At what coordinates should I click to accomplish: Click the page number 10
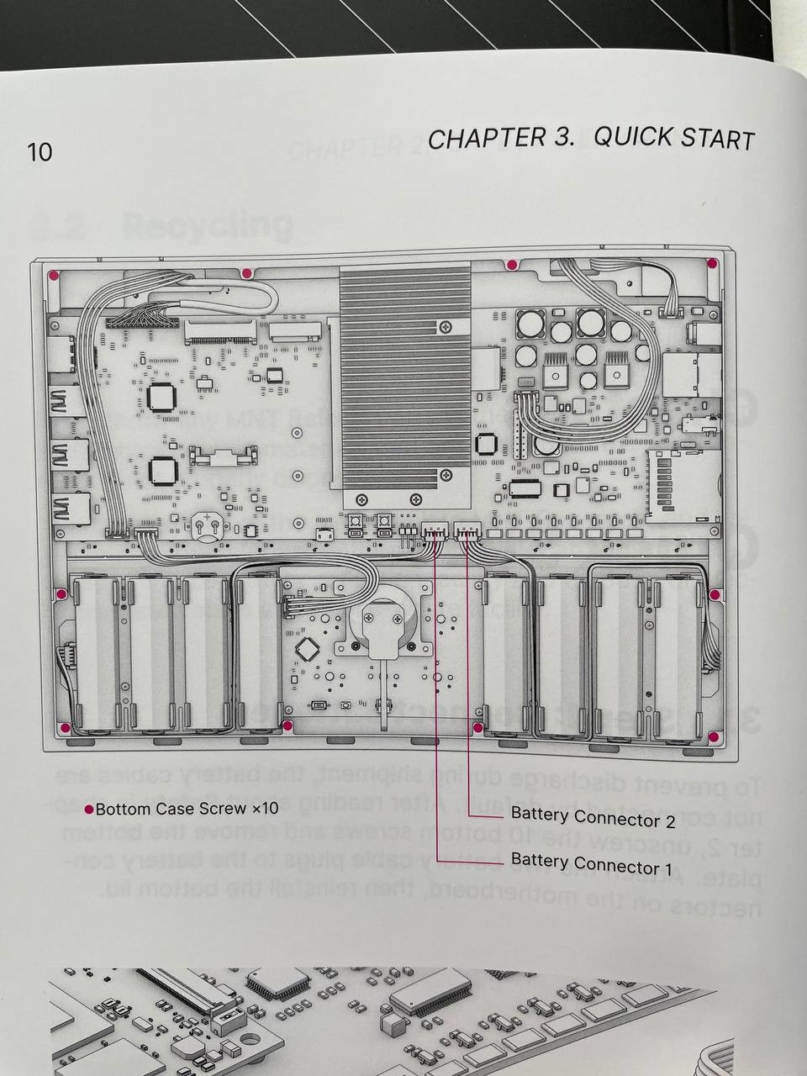tap(40, 152)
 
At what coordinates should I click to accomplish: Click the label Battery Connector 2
tap(593, 816)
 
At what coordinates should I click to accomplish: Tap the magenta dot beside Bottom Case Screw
tap(88, 810)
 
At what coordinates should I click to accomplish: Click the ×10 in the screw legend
tap(264, 809)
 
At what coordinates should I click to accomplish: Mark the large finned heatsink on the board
tap(404, 375)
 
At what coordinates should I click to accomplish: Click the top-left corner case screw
tap(52, 275)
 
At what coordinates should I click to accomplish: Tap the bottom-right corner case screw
tap(713, 737)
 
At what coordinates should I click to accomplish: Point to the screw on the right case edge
tap(714, 595)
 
